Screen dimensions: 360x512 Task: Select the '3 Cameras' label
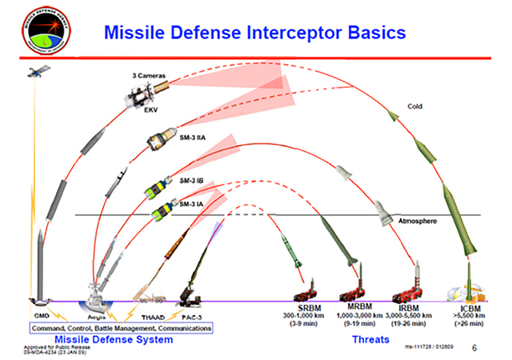[149, 76]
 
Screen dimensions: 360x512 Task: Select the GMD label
[41, 317]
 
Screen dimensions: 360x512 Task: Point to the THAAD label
[153, 317]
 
